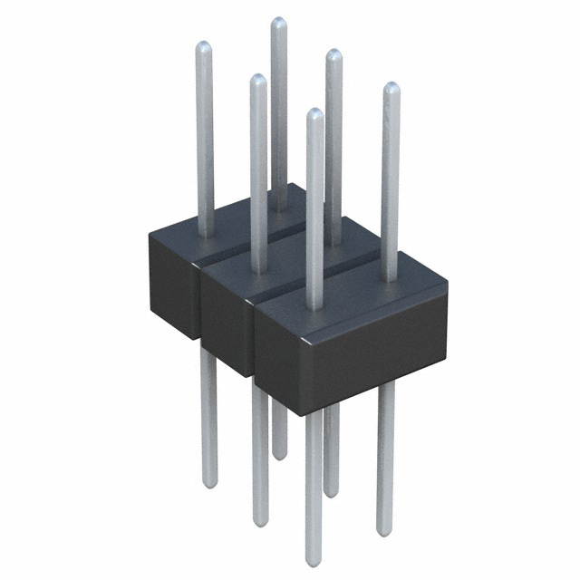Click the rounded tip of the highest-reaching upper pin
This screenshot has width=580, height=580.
pos(278,22)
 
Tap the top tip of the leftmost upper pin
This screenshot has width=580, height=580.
pos(204,47)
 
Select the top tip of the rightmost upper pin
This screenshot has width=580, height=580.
pos(391,87)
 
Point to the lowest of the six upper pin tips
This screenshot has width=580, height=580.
pos(314,113)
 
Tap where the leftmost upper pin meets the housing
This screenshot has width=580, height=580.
pos(206,235)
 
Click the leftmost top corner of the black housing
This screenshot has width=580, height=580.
pos(150,235)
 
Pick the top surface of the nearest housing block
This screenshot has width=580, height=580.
pos(353,290)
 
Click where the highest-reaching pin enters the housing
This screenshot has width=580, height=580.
pos(279,207)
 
